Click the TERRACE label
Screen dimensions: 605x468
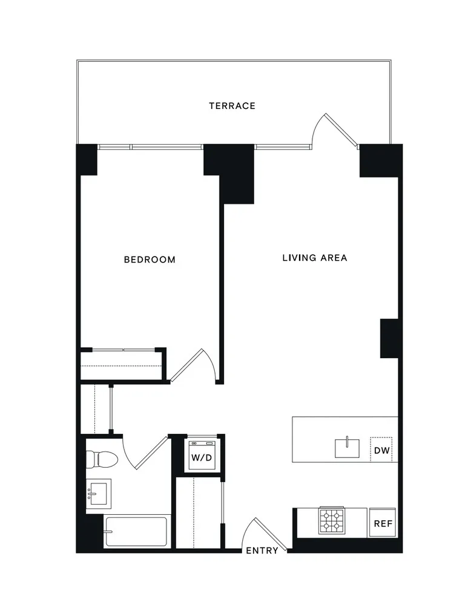232,106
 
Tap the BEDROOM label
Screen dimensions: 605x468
150,260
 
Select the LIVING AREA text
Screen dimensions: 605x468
314,258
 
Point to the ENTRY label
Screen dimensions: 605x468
262,551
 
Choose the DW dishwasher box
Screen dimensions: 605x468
381,450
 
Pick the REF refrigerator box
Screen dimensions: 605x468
381,523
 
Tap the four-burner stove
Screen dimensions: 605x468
331,520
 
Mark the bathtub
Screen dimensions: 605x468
136,532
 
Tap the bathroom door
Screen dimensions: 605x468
145,453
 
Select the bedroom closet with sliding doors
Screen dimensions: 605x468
122,365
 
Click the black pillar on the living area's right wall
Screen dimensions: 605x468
388,338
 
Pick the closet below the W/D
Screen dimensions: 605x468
199,511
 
